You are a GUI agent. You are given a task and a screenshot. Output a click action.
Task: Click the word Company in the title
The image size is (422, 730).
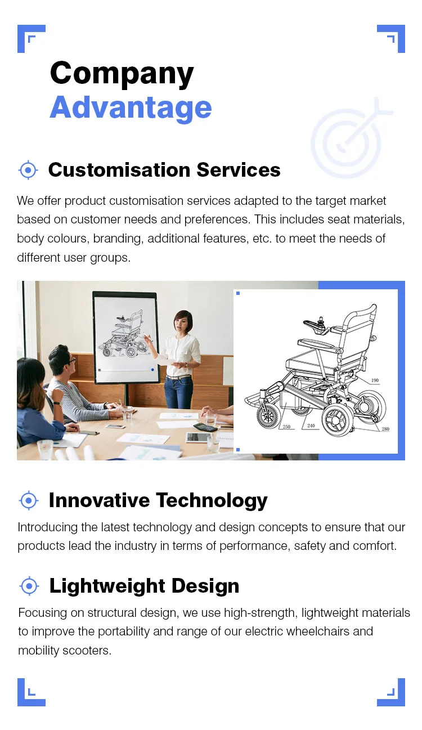coord(122,74)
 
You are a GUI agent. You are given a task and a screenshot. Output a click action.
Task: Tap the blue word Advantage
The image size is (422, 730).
coord(131,108)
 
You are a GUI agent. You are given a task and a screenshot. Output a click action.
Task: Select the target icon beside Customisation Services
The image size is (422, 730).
coord(28,169)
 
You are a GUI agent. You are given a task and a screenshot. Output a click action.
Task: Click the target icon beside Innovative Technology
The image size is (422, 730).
coord(28,500)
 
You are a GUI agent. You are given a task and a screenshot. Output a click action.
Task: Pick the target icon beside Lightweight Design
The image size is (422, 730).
coord(28,585)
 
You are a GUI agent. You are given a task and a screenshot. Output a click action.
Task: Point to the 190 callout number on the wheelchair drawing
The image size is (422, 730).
coord(375,380)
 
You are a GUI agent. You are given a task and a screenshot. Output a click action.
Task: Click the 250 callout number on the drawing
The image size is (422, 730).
coord(286,427)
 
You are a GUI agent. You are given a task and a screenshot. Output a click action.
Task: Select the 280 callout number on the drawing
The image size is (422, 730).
coord(385,429)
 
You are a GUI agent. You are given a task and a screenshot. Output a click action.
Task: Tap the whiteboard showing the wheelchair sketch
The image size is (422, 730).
coord(125,335)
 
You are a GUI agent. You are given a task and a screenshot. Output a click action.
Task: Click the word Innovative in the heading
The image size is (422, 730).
coord(99,500)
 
